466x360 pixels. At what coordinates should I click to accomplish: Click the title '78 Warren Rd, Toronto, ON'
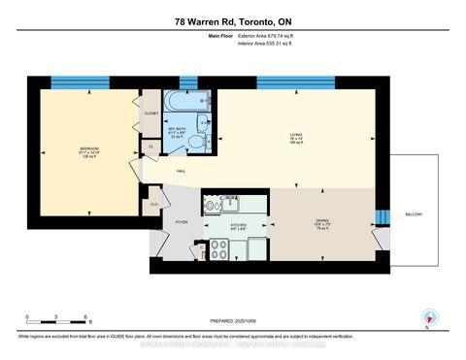click(232, 20)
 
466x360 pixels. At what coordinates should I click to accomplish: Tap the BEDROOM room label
click(90, 148)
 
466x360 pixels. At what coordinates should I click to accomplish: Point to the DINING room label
click(321, 220)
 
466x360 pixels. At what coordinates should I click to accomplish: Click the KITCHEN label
click(238, 224)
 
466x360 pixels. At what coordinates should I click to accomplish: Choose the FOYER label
click(181, 222)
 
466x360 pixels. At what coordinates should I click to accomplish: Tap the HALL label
click(182, 173)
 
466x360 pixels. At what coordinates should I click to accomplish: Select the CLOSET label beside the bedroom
click(150, 113)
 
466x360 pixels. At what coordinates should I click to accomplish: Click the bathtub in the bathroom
click(181, 101)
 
